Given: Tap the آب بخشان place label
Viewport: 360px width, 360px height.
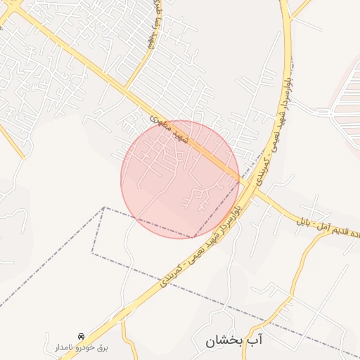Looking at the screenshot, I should (233, 342).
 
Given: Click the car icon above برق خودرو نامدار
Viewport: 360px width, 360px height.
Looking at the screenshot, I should (82, 336).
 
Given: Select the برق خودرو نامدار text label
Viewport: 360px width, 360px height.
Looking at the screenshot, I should (82, 347).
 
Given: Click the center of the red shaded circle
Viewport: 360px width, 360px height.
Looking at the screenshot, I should (180, 179).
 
